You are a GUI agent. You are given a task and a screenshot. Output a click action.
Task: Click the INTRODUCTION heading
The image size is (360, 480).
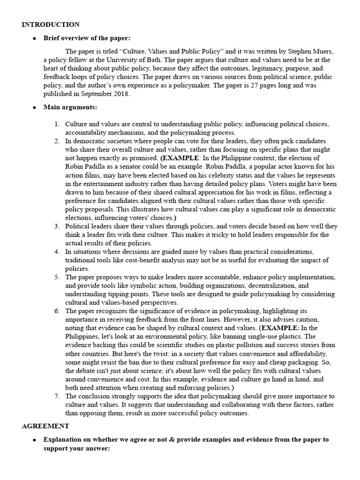(x=51, y=24)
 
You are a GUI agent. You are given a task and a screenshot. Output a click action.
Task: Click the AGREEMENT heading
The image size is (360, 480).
(x=45, y=426)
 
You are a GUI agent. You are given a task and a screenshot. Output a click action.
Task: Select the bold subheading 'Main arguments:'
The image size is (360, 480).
(x=70, y=107)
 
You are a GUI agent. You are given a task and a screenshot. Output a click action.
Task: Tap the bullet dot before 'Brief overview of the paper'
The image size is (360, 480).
(x=34, y=38)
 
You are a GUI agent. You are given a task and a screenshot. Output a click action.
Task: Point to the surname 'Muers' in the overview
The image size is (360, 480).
(x=322, y=51)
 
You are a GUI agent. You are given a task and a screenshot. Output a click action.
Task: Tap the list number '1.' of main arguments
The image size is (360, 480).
(x=57, y=124)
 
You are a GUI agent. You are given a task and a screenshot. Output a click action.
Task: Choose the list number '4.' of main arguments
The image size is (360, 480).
(x=57, y=252)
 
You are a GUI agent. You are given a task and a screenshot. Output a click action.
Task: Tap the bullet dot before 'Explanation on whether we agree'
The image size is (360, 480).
(x=34, y=440)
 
